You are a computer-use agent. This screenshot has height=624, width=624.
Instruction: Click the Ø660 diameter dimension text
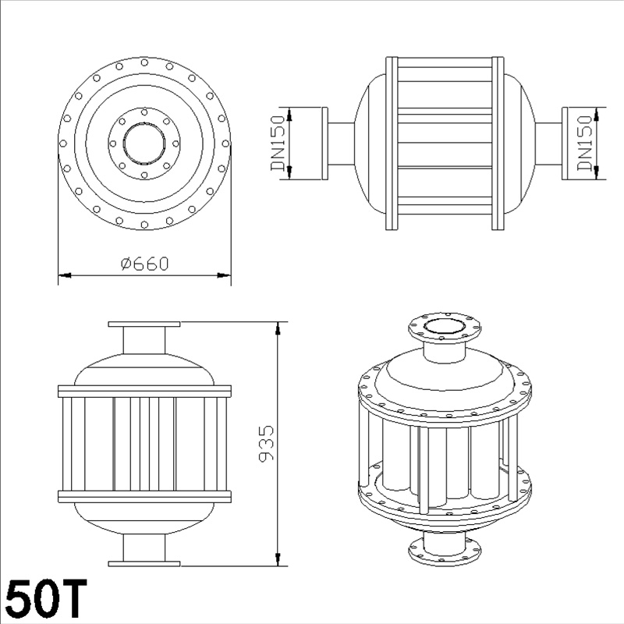point(145,264)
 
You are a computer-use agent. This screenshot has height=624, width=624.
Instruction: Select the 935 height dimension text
point(266,443)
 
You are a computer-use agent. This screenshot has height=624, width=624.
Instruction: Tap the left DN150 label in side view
point(278,143)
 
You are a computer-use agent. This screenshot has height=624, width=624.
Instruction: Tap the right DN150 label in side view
point(584,143)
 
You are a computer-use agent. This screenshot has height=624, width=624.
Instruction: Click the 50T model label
point(46,598)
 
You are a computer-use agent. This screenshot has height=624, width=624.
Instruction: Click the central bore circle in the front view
point(144,144)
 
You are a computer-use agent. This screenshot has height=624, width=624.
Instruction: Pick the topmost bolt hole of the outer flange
point(144,62)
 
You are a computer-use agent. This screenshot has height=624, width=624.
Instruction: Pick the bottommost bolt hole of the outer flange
point(144,225)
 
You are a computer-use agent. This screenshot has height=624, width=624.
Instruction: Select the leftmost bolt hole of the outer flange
point(63,144)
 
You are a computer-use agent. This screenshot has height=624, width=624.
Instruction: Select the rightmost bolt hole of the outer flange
point(225,144)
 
